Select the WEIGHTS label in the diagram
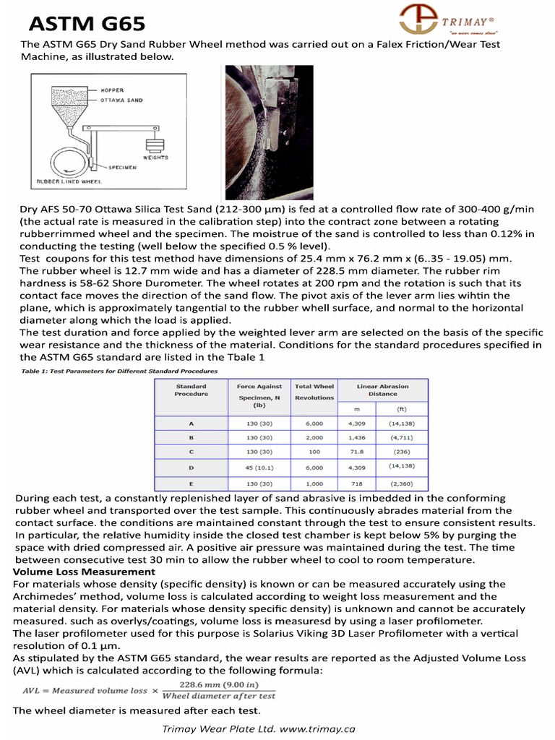coord(155,157)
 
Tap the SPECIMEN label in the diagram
coord(122,166)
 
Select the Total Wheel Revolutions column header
coord(314,392)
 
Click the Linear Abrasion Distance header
coord(382,390)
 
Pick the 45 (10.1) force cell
coord(259,467)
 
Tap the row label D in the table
coord(191,468)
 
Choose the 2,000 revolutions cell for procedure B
coord(314,437)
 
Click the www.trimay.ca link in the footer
coord(317,729)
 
